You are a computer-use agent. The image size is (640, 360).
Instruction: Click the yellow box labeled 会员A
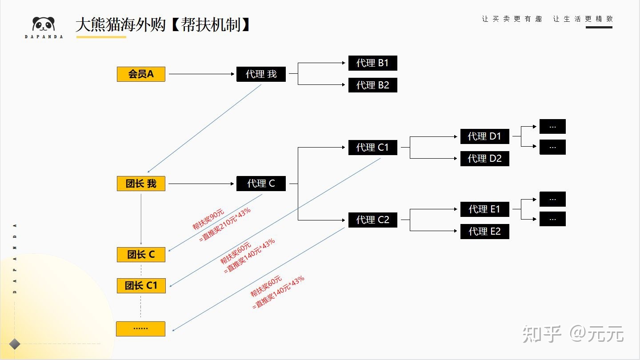(x=141, y=74)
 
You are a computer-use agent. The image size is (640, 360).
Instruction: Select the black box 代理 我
(x=261, y=74)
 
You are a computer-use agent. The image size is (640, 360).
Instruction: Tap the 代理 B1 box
(x=372, y=63)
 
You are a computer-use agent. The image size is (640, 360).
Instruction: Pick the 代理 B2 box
(x=372, y=85)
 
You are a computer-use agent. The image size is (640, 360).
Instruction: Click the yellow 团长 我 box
(x=141, y=184)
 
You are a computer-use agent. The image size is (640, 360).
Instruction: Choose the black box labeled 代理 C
(x=261, y=184)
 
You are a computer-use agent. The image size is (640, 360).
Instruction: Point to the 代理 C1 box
(x=372, y=147)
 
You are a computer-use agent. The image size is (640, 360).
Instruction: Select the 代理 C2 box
(x=372, y=220)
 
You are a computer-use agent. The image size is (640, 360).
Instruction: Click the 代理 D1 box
(x=484, y=136)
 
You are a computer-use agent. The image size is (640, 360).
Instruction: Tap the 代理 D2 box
(x=484, y=159)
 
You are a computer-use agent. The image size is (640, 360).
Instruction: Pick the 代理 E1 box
(x=484, y=209)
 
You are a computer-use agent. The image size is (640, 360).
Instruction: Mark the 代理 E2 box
(x=484, y=231)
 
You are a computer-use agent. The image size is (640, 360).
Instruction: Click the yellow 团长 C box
(x=141, y=255)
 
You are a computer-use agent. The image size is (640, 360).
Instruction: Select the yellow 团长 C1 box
(x=141, y=285)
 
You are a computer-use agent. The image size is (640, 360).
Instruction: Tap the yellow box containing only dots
(x=140, y=328)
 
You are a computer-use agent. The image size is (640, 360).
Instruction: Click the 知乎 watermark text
(x=542, y=334)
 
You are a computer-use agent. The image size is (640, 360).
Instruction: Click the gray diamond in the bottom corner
(x=15, y=344)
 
